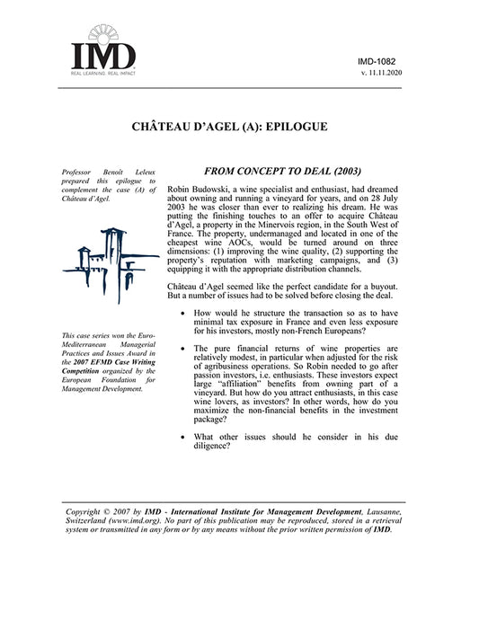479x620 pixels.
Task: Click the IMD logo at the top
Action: tap(104, 54)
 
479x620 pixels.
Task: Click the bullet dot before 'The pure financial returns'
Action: tap(183, 348)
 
